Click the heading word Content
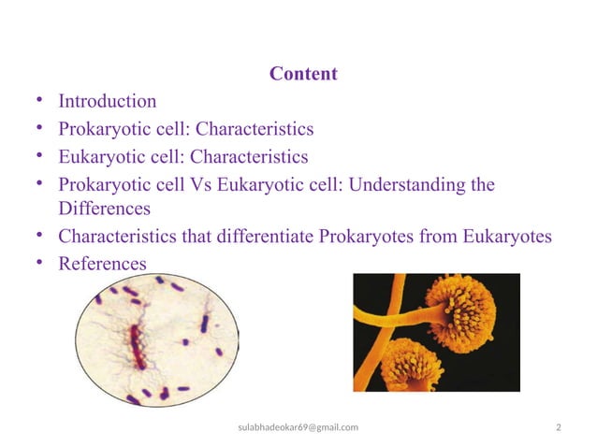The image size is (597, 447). coord(302,73)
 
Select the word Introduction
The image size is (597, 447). coord(108,101)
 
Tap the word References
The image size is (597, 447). coord(102,265)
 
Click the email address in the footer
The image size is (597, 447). coord(298,427)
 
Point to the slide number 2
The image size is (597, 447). coord(559,427)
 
